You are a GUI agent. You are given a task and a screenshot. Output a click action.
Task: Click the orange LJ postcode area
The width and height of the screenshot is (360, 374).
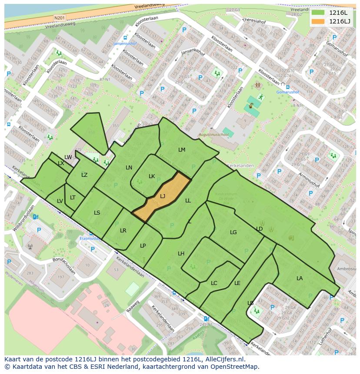(162, 197)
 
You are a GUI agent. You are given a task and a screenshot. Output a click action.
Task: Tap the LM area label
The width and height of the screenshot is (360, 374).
(182, 150)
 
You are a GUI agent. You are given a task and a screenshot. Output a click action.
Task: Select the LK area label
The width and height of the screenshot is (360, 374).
(152, 176)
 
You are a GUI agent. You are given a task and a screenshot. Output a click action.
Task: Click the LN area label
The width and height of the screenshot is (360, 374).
(129, 168)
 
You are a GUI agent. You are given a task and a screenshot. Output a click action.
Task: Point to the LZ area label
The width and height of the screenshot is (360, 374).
(84, 175)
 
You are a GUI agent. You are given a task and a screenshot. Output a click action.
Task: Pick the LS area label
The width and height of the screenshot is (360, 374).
(97, 213)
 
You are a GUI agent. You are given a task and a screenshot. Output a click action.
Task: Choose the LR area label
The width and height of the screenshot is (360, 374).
(123, 231)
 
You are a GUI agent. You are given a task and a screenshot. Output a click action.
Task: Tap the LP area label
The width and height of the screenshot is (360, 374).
(143, 246)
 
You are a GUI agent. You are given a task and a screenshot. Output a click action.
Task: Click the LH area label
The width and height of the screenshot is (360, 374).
(181, 254)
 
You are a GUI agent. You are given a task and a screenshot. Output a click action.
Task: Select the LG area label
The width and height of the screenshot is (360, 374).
(233, 232)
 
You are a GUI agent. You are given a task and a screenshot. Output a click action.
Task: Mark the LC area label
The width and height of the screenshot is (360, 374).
(214, 283)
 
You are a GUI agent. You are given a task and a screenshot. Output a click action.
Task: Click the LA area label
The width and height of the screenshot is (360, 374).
(300, 278)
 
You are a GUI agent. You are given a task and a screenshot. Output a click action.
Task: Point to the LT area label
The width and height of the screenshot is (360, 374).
(73, 198)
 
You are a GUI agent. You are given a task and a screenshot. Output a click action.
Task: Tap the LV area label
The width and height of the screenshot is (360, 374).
(60, 201)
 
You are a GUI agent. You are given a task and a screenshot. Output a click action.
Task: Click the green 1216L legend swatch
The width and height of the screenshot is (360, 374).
(318, 13)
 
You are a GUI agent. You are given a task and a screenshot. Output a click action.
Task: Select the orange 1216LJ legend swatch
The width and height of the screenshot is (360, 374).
(318, 21)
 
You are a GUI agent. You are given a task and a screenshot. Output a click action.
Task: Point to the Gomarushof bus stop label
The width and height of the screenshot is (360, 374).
(288, 92)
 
